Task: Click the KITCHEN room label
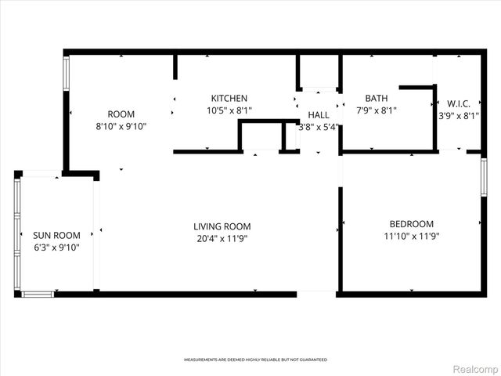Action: point(229,98)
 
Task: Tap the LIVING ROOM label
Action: point(222,226)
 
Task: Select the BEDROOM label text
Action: point(409,223)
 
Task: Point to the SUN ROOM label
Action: point(56,235)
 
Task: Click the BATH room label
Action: point(376,98)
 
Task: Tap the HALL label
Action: point(318,115)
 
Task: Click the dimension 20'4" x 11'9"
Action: point(222,239)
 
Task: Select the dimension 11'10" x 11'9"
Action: point(409,236)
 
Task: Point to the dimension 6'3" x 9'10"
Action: point(56,248)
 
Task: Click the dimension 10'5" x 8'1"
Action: point(229,110)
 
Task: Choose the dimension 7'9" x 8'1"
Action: point(376,110)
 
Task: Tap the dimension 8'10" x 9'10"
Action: point(121,125)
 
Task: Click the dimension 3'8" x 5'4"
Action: point(318,127)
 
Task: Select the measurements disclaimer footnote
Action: point(255,360)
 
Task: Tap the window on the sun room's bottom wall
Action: point(37,295)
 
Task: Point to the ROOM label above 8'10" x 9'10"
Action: point(121,113)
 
